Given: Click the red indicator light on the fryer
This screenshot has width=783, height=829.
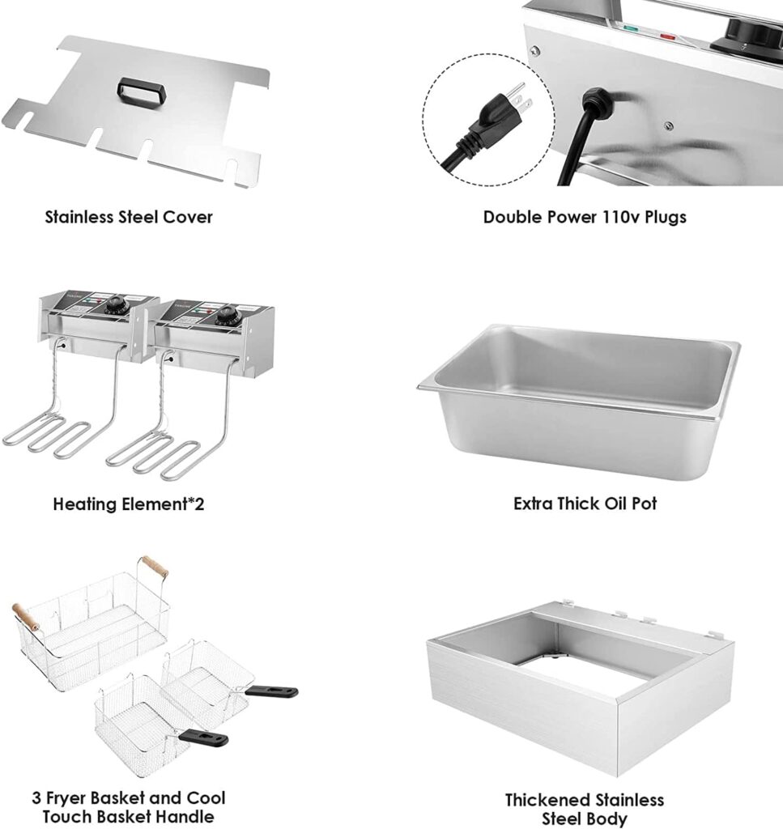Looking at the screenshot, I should (x=669, y=36).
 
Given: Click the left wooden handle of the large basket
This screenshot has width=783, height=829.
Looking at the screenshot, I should (x=25, y=618).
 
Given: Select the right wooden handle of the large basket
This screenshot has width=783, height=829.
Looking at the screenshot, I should (x=153, y=566).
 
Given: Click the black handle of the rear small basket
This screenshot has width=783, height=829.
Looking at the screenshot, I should (x=271, y=691).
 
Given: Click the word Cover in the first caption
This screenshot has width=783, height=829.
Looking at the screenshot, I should (x=189, y=217).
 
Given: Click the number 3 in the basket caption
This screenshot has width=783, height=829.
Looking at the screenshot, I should (x=38, y=798).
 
